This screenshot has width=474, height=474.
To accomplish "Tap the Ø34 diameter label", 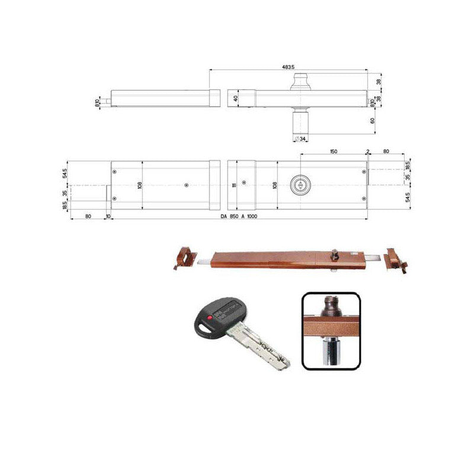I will coord(300,139).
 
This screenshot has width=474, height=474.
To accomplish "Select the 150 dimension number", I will coord(334,152).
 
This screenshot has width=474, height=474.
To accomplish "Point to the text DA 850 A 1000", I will coord(239,216).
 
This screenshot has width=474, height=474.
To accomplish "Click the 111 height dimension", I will coord(235,185).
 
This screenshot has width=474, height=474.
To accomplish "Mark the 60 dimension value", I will coord(372,121).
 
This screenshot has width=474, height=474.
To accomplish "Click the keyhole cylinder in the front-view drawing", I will coord(300,185).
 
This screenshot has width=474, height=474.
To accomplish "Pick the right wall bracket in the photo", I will coord(395,260).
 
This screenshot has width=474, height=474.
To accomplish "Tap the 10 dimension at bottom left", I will coord(108,216).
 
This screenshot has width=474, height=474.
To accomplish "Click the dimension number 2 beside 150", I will coord(368,152).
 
